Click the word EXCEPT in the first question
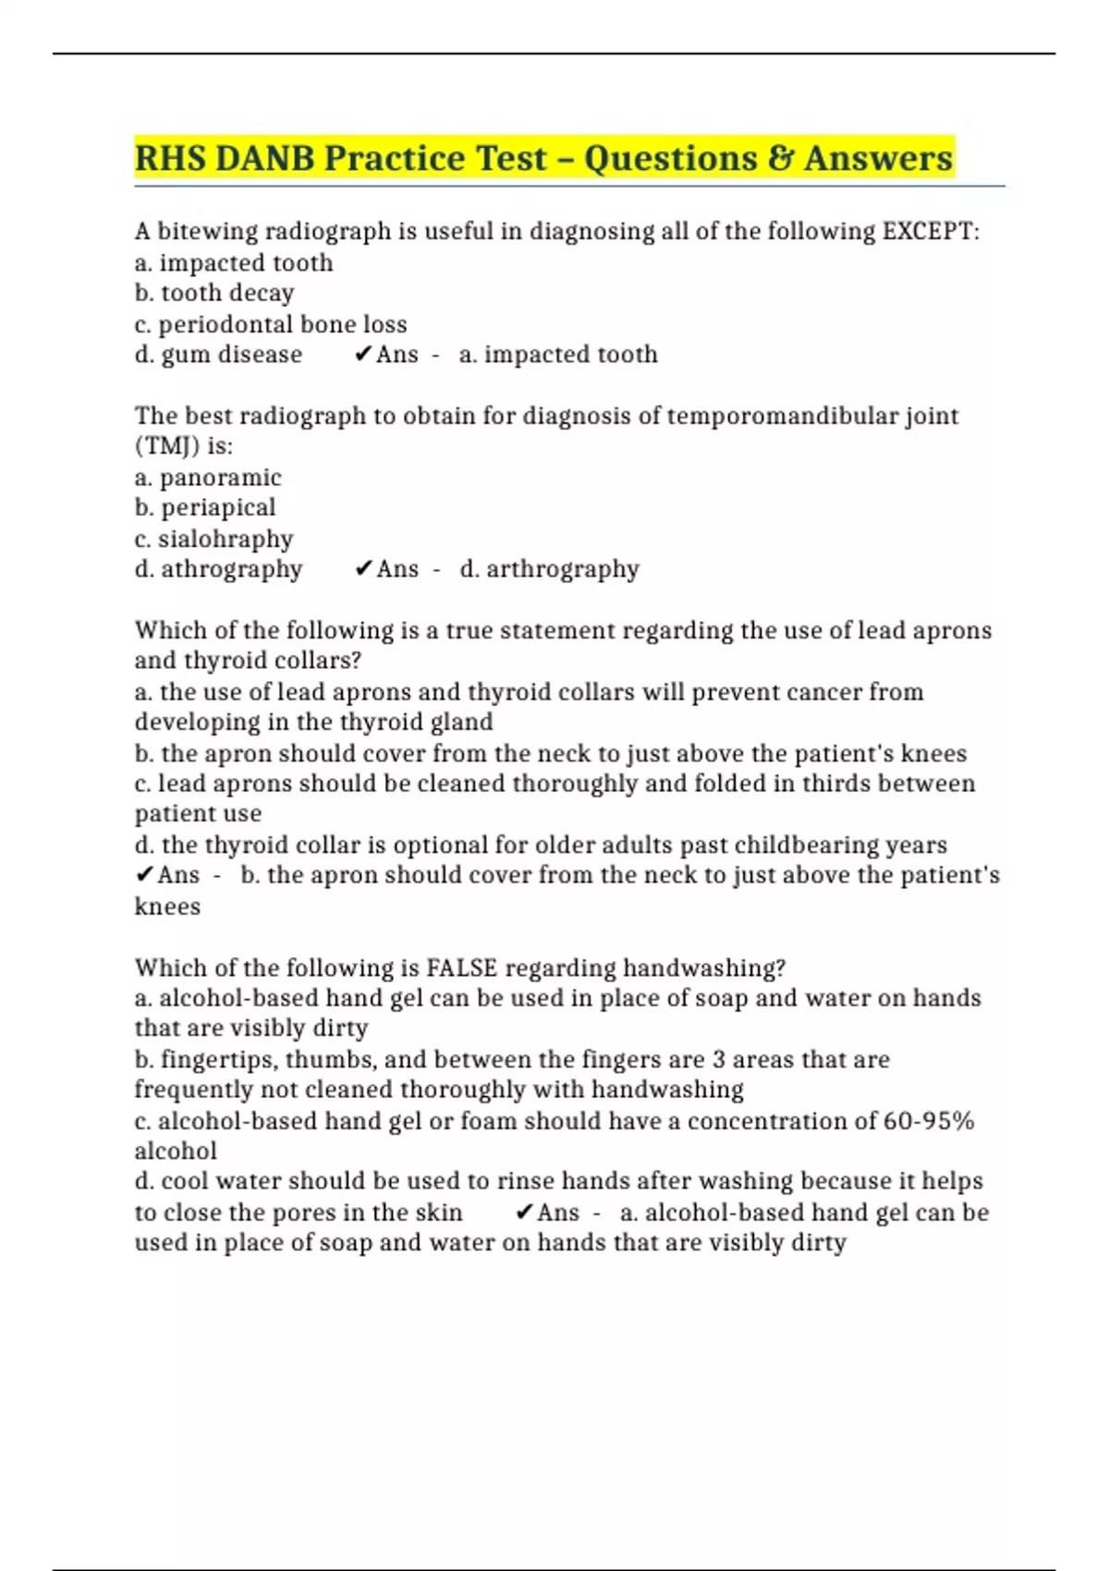[929, 231]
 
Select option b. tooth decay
[214, 293]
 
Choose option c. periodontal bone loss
[271, 324]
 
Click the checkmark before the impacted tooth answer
[362, 355]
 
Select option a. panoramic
[208, 478]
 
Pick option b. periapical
[205, 507]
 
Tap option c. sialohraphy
[214, 539]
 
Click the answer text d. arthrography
[549, 569]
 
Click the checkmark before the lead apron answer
[144, 875]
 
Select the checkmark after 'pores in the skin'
[524, 1212]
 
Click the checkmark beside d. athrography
[362, 569]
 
